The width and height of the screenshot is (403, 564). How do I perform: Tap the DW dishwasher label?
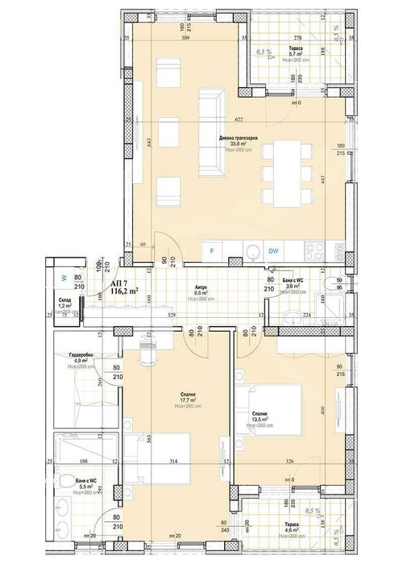pyautogui.click(x=274, y=251)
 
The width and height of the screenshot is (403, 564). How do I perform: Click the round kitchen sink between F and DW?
pyautogui.click(x=252, y=251)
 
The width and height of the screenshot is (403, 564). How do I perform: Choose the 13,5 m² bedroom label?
pyautogui.click(x=259, y=419)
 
